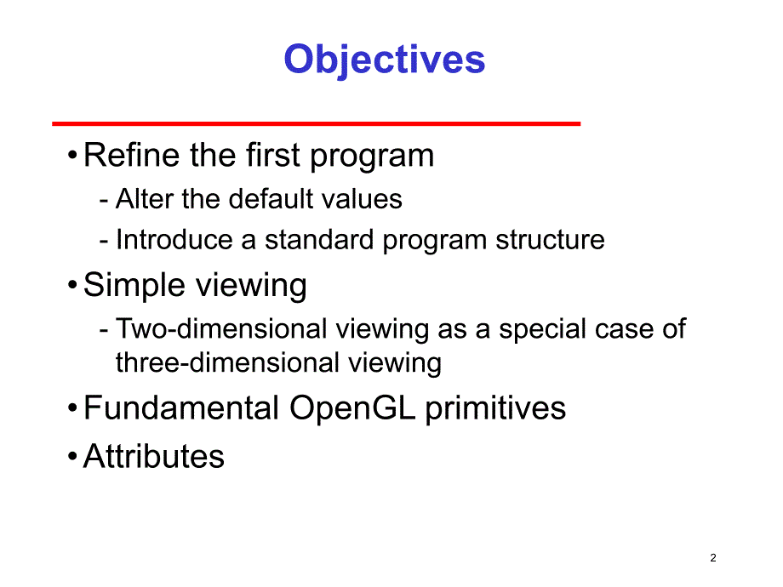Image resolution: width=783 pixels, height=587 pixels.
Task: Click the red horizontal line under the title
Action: pos(316,123)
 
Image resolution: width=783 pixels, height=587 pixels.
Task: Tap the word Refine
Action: pos(131,155)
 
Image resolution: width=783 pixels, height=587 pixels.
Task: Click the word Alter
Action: pos(145,199)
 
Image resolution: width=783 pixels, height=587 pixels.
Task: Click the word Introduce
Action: pos(174,240)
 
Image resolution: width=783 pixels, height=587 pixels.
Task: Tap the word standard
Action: pos(319,240)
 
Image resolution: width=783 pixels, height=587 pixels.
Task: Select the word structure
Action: pos(550,240)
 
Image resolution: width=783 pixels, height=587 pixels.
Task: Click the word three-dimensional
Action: pos(228,362)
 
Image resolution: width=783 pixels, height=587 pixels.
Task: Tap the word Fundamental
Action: pos(180,407)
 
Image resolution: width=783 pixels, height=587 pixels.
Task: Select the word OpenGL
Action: pos(352,408)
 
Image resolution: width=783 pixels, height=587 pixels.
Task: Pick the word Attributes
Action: pos(154,456)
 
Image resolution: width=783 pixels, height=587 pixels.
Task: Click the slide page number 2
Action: pos(713,557)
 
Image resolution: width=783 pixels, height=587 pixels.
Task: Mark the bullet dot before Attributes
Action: pos(72,456)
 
